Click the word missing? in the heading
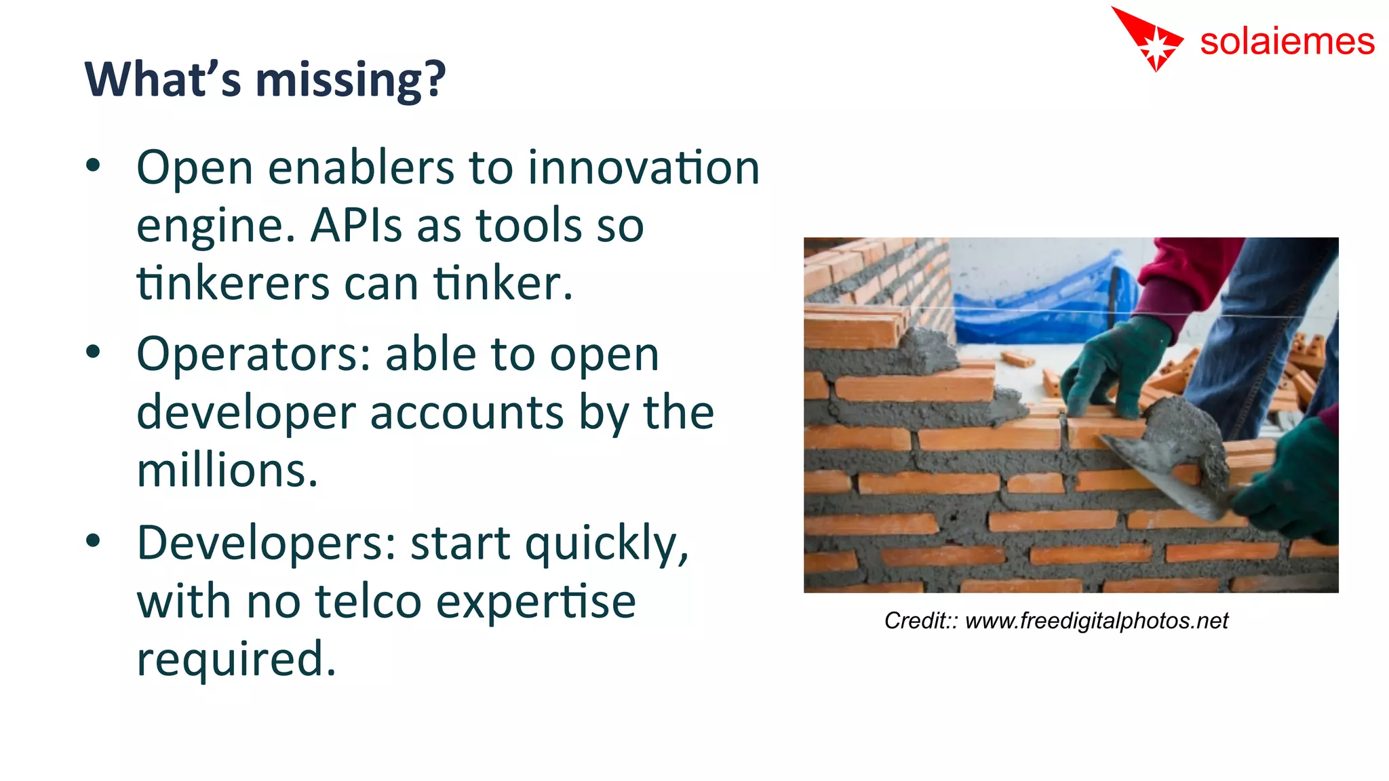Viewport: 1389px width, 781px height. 350,80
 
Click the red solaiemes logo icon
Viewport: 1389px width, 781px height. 1150,39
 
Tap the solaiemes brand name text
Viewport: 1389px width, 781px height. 1287,42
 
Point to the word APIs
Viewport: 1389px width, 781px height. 356,226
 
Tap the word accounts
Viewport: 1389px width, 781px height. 467,413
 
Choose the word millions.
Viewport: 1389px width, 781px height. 227,470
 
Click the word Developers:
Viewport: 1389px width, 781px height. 267,543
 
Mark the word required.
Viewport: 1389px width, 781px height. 236,659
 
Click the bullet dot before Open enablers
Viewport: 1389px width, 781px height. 94,165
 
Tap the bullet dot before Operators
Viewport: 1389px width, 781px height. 94,353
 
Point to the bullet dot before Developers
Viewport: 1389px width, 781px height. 94,541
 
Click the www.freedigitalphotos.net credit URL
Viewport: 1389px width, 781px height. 1096,621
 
